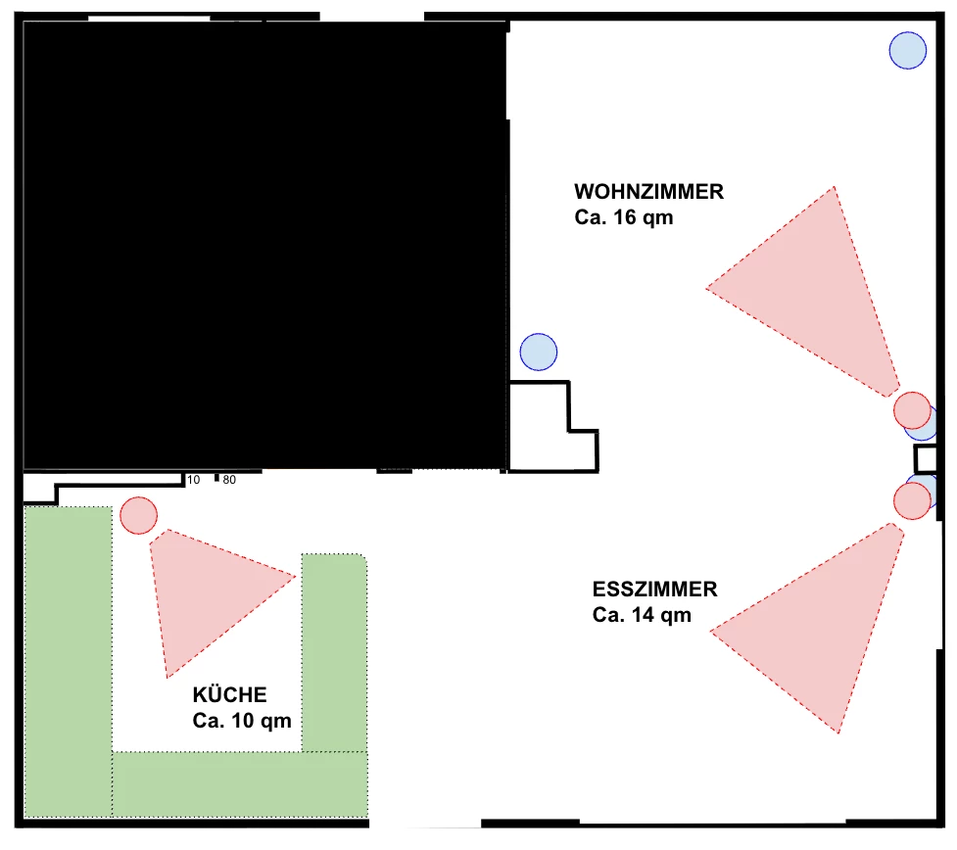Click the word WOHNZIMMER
coord(648,191)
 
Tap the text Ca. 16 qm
coord(623,217)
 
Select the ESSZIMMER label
coord(654,590)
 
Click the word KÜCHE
coord(229,695)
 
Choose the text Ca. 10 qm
coord(242,721)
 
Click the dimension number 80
coord(229,480)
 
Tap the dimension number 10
coord(193,480)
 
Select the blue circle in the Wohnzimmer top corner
coord(907,50)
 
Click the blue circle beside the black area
coord(538,352)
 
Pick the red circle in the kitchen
coord(138,515)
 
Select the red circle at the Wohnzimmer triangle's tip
coord(912,409)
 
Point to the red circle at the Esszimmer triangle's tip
coord(912,500)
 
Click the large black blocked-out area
coord(264,245)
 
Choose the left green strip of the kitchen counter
coord(67,656)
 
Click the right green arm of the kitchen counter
coord(333,651)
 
